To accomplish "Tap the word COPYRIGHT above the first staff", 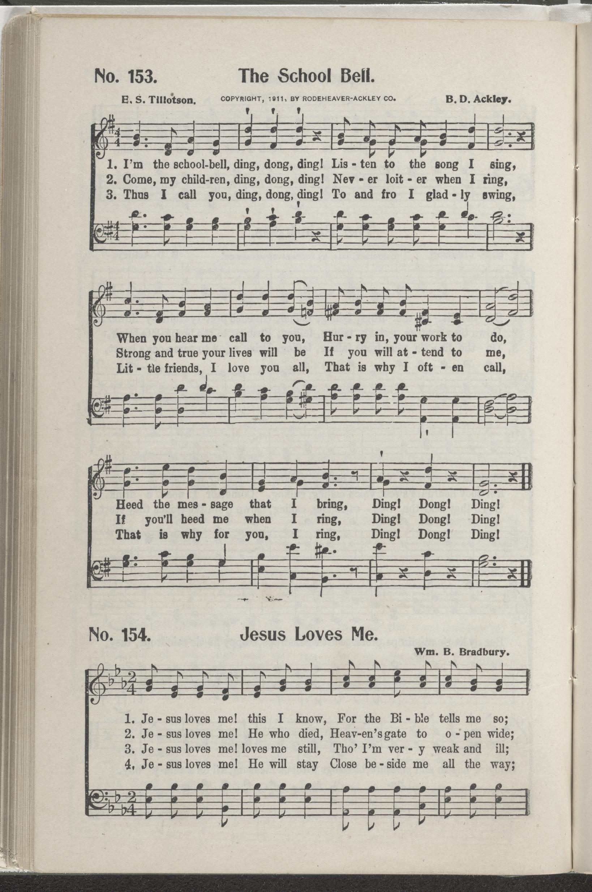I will pos(240,100).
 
